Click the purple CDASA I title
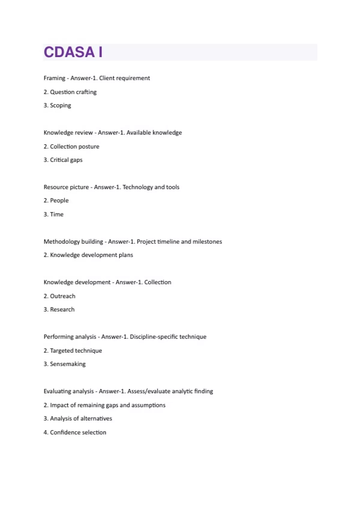point(73,52)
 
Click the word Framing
point(54,78)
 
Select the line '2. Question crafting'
point(70,92)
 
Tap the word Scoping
point(60,106)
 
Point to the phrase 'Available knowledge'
point(154,133)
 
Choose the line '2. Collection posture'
point(71,146)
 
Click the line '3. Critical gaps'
point(63,160)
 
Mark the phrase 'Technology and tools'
point(151,187)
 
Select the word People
point(59,200)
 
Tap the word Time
point(57,214)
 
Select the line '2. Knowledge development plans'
point(88,255)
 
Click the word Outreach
point(62,296)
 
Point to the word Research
point(62,310)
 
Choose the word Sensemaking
point(67,364)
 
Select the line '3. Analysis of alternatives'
point(78,418)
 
